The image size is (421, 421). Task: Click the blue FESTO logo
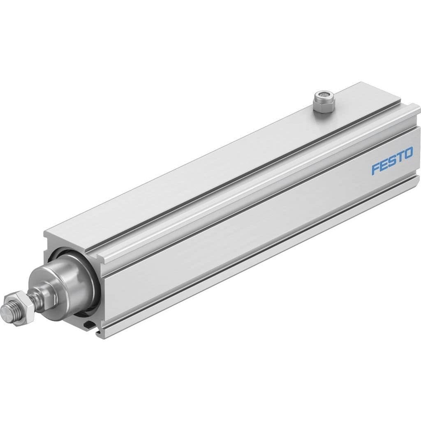392,162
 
